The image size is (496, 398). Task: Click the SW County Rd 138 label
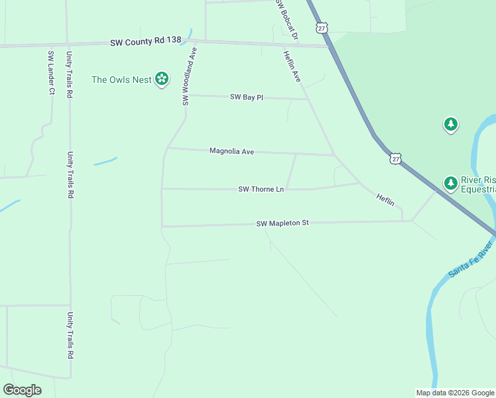[x=146, y=41]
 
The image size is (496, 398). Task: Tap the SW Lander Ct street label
[x=50, y=72]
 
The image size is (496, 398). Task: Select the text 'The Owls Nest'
[x=121, y=80]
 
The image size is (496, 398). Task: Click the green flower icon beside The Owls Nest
[x=161, y=80]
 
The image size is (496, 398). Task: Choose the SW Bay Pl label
[x=247, y=97]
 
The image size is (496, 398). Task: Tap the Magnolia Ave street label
[x=231, y=151]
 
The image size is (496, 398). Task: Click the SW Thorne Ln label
[x=261, y=189]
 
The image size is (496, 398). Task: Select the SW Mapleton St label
[x=282, y=224]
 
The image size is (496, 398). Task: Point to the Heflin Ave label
[x=292, y=66]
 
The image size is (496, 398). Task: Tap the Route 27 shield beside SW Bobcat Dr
[x=322, y=27]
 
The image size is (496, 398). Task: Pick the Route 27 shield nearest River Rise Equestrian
[x=395, y=158]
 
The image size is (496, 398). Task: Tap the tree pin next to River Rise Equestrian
[x=451, y=182]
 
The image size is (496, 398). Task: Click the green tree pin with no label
[x=451, y=124]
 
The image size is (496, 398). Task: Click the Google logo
[x=22, y=390]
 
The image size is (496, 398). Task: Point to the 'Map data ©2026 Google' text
[x=455, y=393]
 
